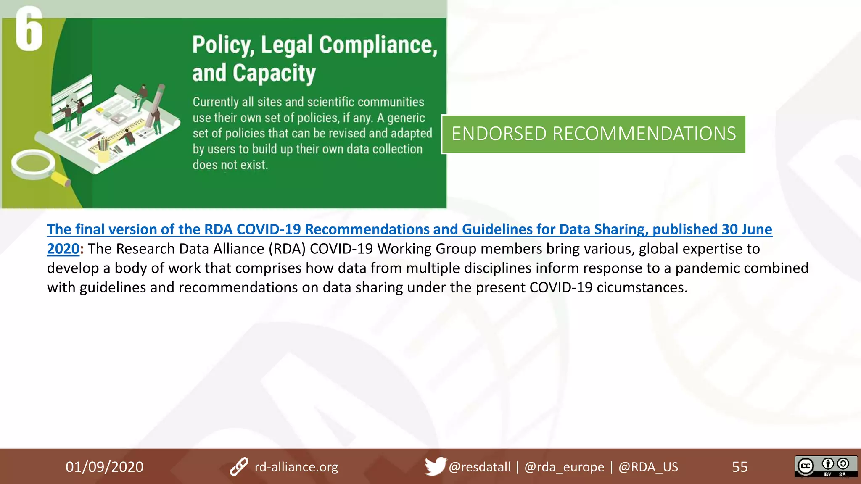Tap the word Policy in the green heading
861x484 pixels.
click(x=222, y=45)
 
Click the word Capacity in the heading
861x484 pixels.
click(x=274, y=74)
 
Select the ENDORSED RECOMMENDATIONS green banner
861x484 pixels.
click(x=593, y=134)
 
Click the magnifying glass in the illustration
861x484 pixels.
click(x=36, y=166)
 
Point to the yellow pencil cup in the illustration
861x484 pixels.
click(x=103, y=153)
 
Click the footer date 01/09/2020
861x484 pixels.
click(x=104, y=467)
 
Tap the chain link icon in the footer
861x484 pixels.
click(x=239, y=466)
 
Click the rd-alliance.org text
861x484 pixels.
click(x=296, y=467)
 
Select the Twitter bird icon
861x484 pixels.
click(x=435, y=466)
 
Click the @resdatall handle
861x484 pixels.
click(x=479, y=467)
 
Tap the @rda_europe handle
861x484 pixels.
click(x=564, y=467)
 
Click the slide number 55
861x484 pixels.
click(x=740, y=467)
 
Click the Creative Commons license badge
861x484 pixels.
click(x=825, y=466)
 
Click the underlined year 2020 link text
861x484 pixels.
click(x=63, y=249)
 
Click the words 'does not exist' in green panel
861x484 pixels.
click(x=230, y=165)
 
